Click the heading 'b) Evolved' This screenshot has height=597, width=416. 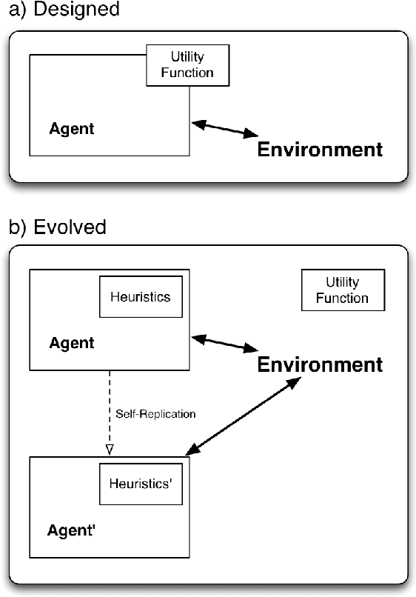tap(57, 227)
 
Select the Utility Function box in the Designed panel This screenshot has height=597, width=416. tap(188, 64)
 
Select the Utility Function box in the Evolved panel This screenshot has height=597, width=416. tap(342, 290)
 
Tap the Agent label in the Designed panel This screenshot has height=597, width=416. tap(72, 129)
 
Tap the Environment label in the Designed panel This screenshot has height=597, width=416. tap(320, 150)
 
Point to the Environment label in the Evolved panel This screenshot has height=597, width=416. tap(320, 364)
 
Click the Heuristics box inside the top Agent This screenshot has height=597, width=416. tap(140, 297)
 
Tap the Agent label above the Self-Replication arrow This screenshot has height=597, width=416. tap(72, 343)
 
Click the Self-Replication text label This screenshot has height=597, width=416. tap(155, 414)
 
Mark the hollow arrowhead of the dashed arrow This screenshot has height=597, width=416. tap(110, 449)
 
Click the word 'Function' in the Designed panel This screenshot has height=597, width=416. tap(188, 72)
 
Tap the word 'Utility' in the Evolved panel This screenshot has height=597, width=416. tap(342, 282)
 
